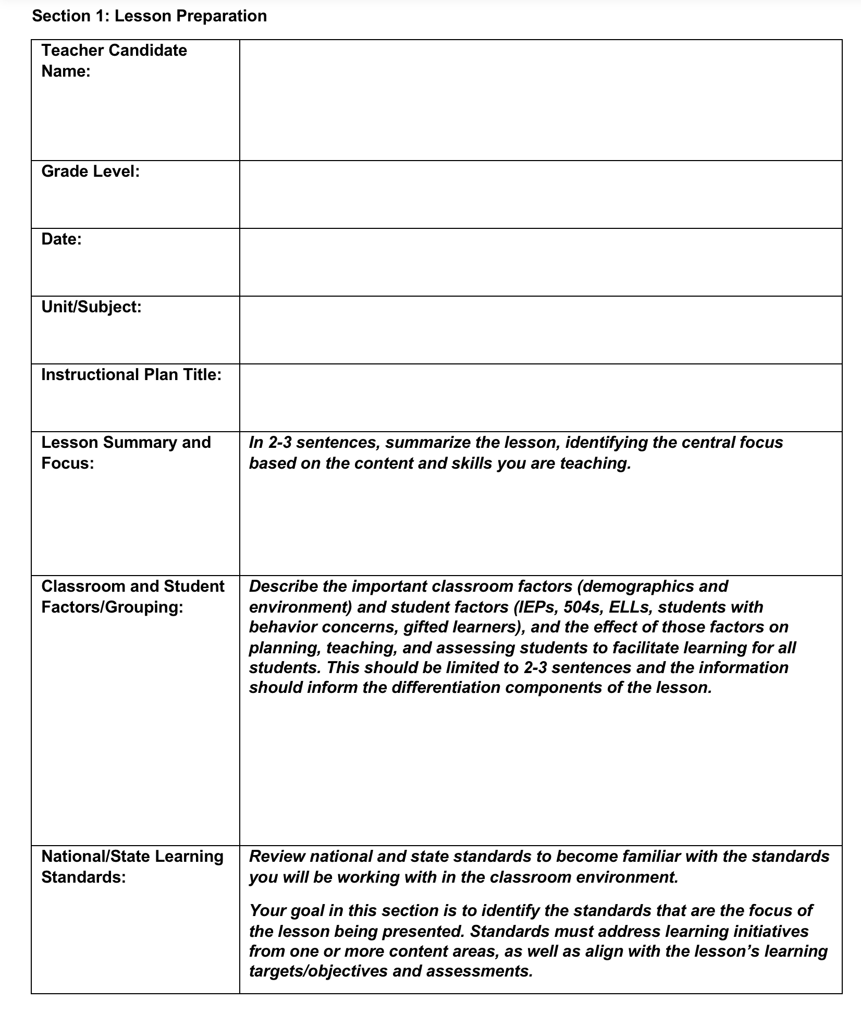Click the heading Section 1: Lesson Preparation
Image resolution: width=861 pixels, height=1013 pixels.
[149, 16]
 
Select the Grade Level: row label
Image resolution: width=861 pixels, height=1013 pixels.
[91, 172]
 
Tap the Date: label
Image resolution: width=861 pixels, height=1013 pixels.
[62, 239]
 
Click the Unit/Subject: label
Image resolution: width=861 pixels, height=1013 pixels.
[91, 307]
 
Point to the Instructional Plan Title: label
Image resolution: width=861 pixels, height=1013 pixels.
[131, 375]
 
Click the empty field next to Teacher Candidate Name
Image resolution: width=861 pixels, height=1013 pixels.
[540, 100]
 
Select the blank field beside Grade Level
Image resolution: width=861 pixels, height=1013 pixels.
[540, 194]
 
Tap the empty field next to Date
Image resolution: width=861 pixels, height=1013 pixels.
[540, 262]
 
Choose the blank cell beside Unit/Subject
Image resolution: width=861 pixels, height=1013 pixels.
[540, 330]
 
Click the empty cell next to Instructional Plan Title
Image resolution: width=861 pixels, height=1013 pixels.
[540, 398]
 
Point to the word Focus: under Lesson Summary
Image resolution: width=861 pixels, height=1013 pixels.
[68, 463]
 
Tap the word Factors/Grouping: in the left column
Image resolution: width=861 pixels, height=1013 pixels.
[112, 607]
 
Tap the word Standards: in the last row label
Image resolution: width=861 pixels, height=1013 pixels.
[83, 877]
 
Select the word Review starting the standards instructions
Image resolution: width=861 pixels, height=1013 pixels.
[276, 857]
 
